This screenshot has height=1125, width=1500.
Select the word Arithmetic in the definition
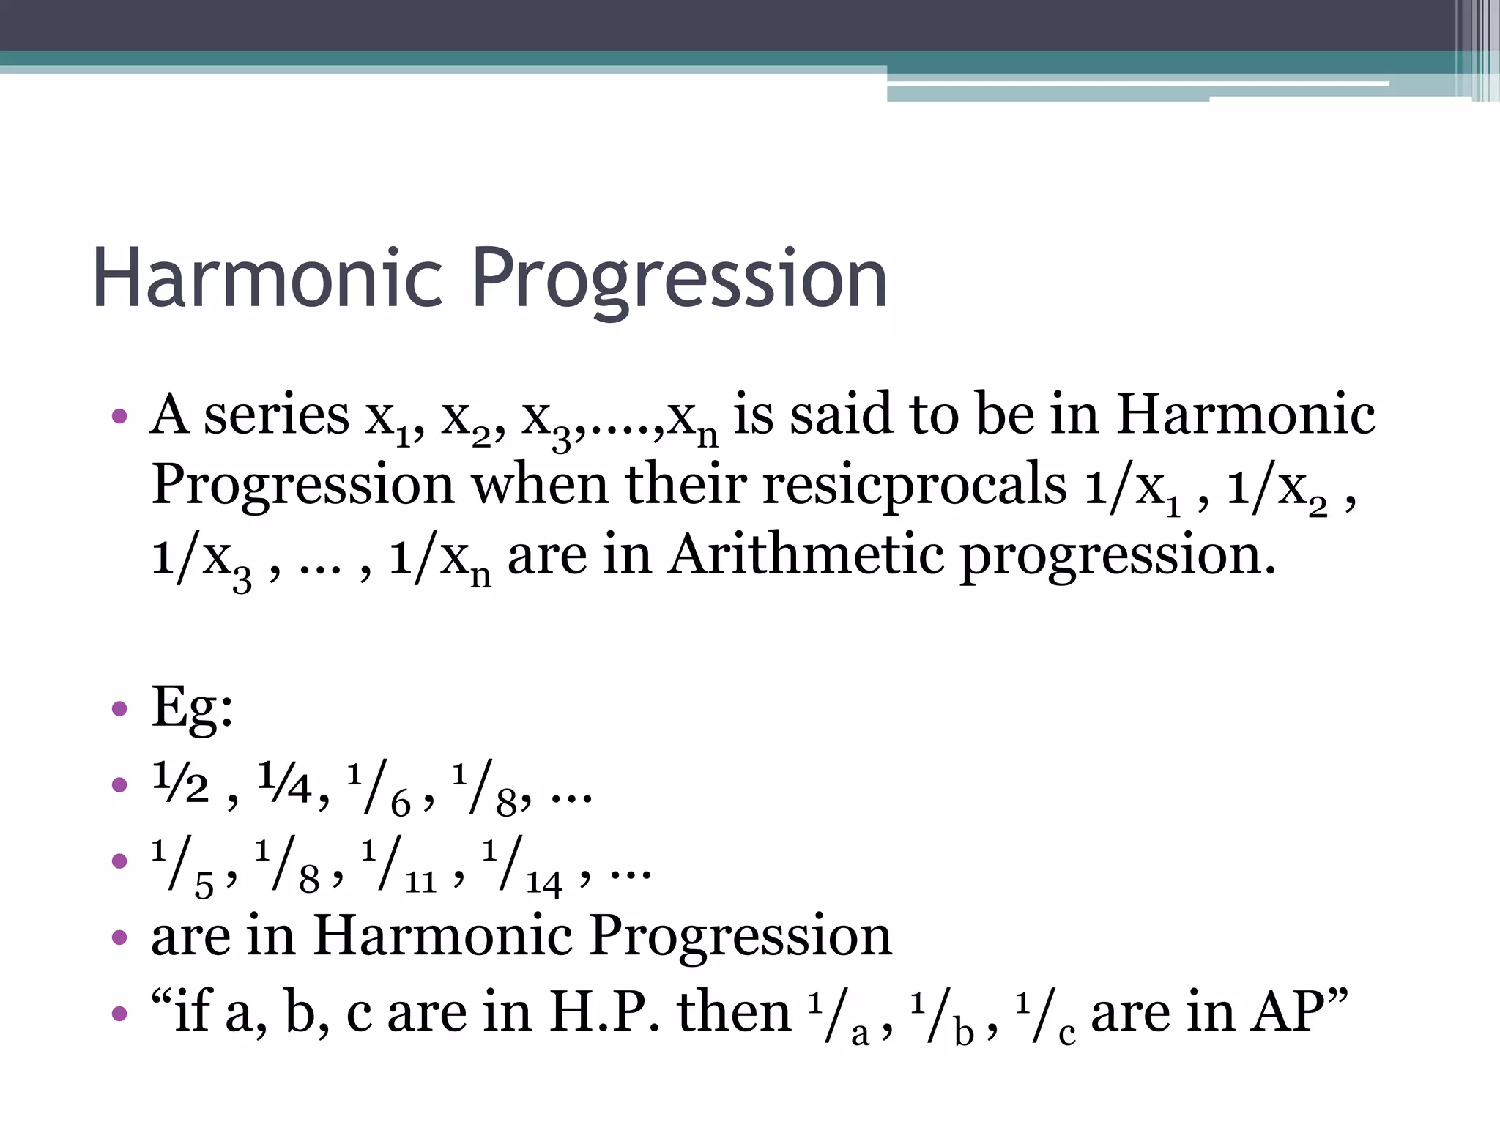[806, 555]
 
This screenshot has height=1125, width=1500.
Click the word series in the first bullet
[276, 415]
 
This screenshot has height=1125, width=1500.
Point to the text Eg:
[192, 708]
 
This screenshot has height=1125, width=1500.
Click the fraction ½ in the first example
[181, 784]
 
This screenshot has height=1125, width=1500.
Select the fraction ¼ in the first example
[285, 784]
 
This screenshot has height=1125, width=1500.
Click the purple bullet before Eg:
[119, 709]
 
